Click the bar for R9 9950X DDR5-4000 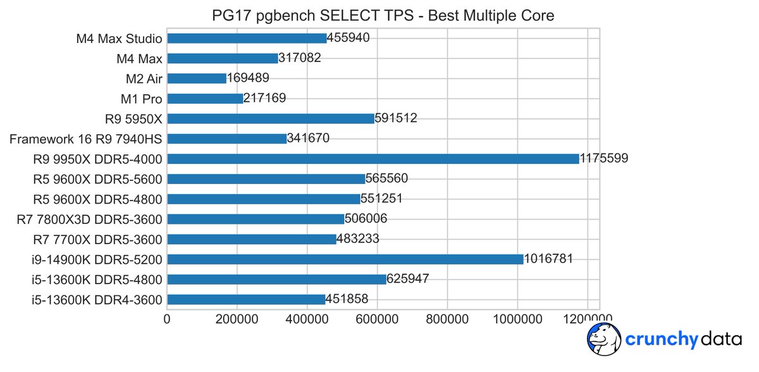click(x=373, y=158)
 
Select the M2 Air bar click(x=197, y=78)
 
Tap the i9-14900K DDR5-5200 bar click(x=345, y=259)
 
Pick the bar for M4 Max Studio click(x=247, y=38)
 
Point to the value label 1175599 click(x=604, y=158)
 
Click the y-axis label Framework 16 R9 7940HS click(x=86, y=139)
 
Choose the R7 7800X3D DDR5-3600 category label click(x=89, y=219)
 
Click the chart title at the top click(x=382, y=15)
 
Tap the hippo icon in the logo click(x=603, y=340)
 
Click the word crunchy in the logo click(x=660, y=340)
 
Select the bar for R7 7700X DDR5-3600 click(x=252, y=239)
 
